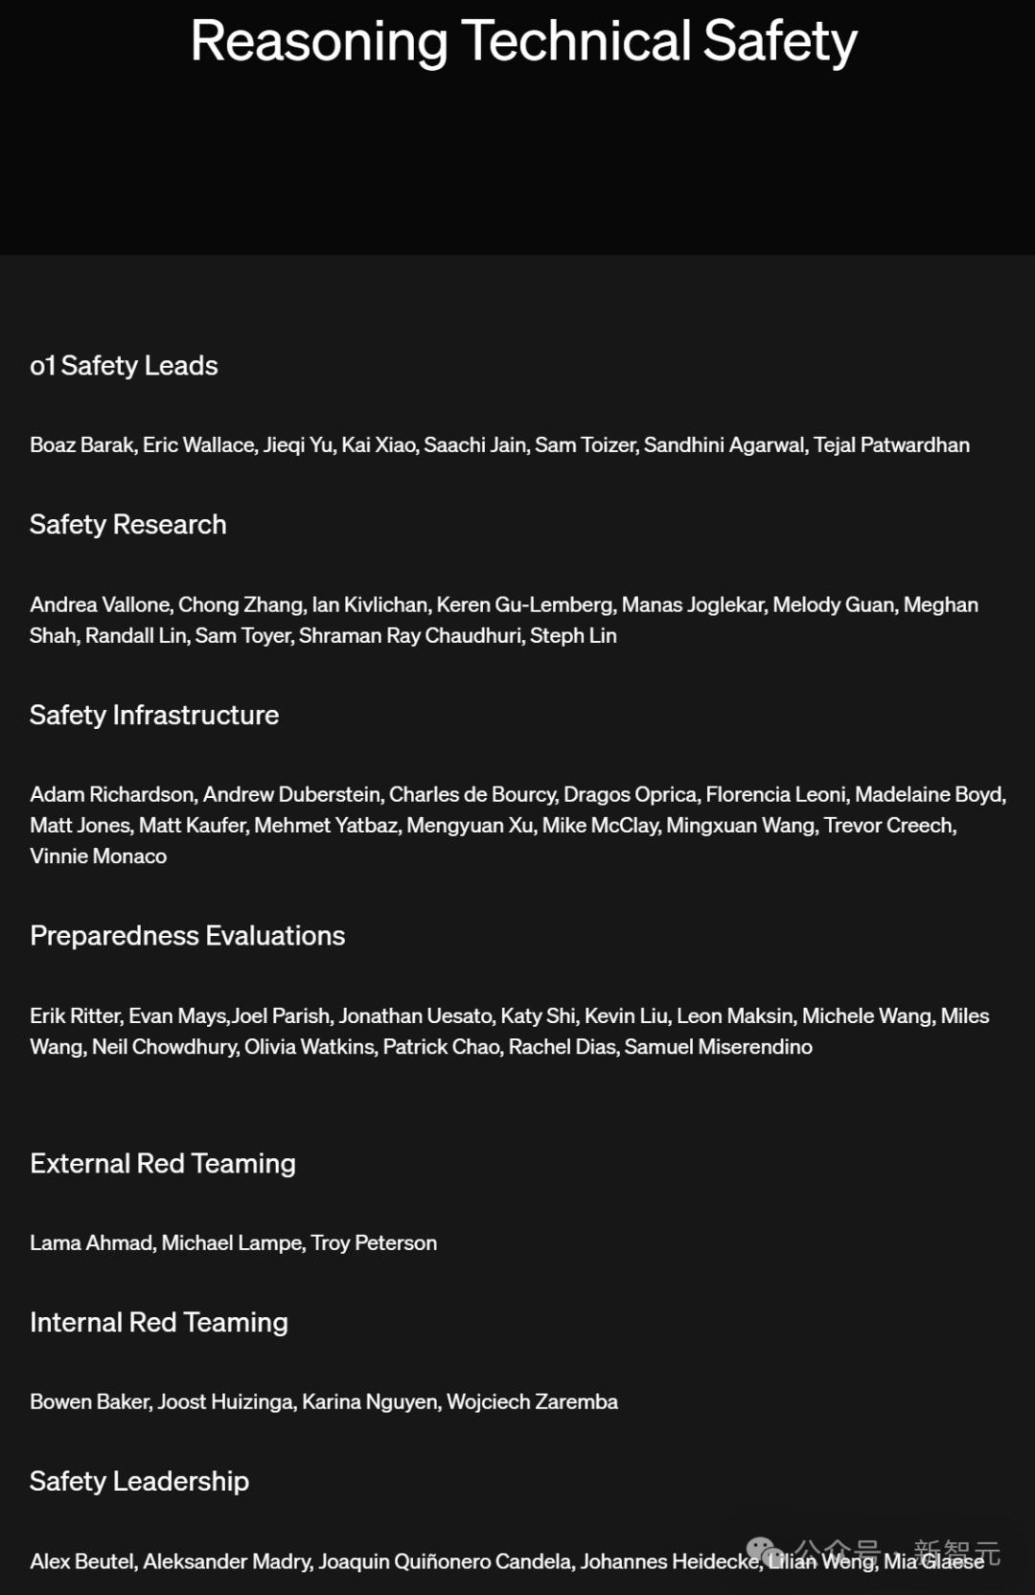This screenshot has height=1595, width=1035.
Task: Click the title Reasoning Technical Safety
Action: pos(523,42)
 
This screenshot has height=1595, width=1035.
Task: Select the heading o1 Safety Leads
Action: pos(124,366)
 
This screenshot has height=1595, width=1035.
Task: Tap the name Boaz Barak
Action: pos(82,445)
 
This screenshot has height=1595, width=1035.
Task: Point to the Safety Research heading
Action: pos(127,525)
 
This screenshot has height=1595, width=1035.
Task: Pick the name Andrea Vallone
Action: pos(101,605)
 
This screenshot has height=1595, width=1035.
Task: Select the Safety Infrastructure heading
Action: pos(153,716)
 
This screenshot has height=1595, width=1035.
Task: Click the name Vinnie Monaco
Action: pos(98,856)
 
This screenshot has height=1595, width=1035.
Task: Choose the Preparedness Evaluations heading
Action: pos(187,936)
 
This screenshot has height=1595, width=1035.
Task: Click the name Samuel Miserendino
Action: pos(718,1047)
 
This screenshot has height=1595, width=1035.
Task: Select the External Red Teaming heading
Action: pos(162,1164)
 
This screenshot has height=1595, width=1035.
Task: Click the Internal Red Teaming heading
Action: pos(158,1323)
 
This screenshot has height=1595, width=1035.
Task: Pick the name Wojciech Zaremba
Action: pos(532,1402)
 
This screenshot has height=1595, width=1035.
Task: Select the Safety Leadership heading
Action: pos(139,1482)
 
